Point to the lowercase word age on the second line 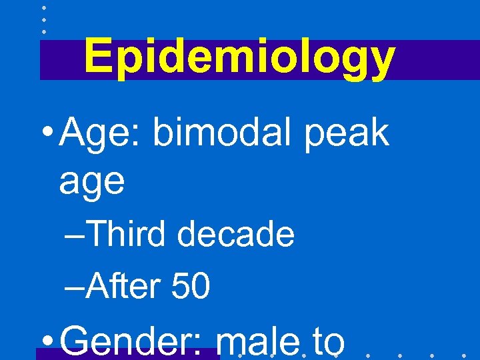tap(91, 181)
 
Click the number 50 tap(191, 287)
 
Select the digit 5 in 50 tap(181, 287)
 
